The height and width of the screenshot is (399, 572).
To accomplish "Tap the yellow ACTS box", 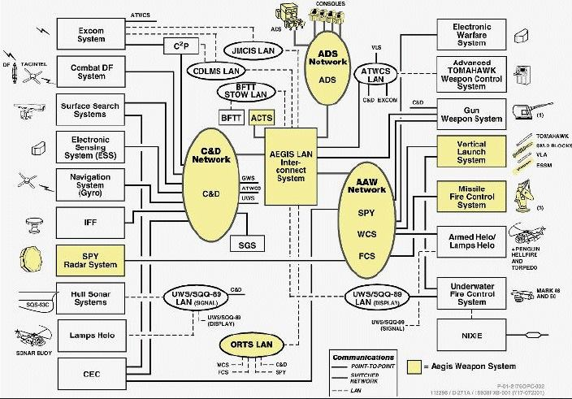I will (x=262, y=118).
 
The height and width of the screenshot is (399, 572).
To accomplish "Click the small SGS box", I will (x=247, y=245).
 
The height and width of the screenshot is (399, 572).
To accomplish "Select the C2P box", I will (x=181, y=46).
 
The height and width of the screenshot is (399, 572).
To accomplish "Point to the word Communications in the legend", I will (x=362, y=356).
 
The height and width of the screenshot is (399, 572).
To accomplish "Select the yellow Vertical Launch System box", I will (x=470, y=151).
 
